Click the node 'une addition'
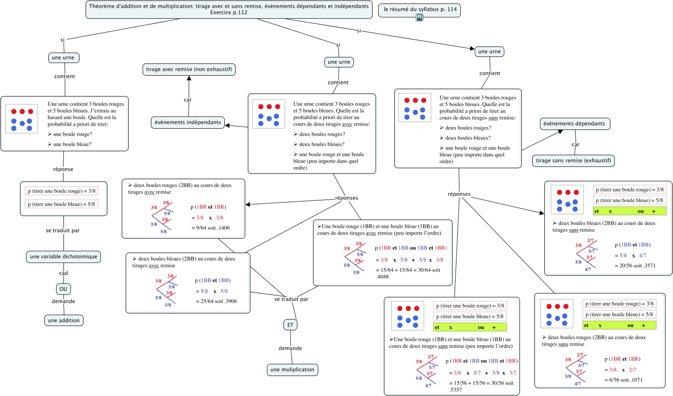coord(64,320)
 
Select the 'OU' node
coord(63,289)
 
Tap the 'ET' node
coord(290,325)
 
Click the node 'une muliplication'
coord(292,369)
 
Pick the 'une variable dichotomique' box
coord(63,256)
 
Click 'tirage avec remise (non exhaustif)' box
coord(189,69)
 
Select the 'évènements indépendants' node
coord(188,123)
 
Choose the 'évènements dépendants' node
coord(574,124)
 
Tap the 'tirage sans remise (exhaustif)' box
coord(573,160)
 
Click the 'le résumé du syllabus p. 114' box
coord(420,9)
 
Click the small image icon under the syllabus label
coord(420,17)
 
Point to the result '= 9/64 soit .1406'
coord(211,228)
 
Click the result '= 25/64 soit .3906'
coord(217,301)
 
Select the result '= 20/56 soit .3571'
coord(635,266)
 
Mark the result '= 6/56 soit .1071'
coord(623,380)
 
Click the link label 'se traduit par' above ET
coord(291,299)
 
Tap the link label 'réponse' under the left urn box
coord(63,170)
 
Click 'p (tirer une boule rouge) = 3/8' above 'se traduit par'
coord(61,191)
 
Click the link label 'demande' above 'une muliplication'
coord(290,348)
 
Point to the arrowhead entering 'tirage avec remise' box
coord(189,78)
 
